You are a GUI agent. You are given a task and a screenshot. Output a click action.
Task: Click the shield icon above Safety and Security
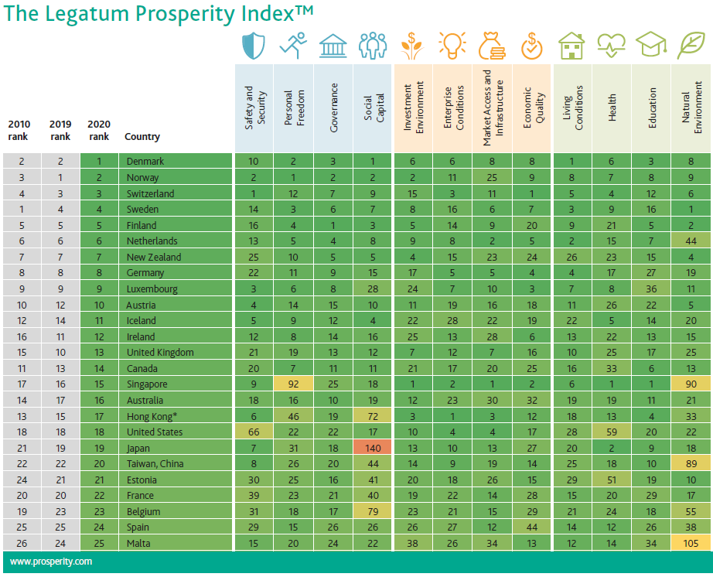[x=254, y=46]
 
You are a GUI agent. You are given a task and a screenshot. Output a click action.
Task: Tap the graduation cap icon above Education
[x=651, y=46]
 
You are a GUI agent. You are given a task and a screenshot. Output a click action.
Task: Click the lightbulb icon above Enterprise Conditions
[x=452, y=46]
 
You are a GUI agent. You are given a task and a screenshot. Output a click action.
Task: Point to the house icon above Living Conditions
[x=571, y=46]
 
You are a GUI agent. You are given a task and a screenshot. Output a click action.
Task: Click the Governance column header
[x=334, y=108]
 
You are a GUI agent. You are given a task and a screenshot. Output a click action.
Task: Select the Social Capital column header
[x=373, y=108]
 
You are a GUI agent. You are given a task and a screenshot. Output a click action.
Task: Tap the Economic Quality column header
[x=532, y=108]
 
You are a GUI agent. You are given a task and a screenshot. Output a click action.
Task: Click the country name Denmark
[x=146, y=162]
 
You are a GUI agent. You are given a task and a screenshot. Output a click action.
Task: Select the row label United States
[x=155, y=432]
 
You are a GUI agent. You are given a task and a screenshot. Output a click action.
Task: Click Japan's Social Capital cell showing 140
[x=373, y=448]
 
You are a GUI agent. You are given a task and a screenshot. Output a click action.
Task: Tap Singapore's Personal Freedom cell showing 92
[x=294, y=384]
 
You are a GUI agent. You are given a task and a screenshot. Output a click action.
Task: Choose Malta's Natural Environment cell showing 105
[x=691, y=544]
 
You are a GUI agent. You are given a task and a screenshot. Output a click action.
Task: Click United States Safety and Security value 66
[x=254, y=432]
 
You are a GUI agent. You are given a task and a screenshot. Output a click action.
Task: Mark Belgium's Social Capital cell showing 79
[x=373, y=512]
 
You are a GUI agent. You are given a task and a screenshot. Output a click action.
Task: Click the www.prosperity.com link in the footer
[x=50, y=562]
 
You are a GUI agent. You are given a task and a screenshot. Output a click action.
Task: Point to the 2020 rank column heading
[x=99, y=130]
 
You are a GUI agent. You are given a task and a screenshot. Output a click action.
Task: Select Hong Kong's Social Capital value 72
[x=373, y=416]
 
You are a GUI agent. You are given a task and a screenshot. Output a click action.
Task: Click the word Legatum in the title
[x=88, y=14]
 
